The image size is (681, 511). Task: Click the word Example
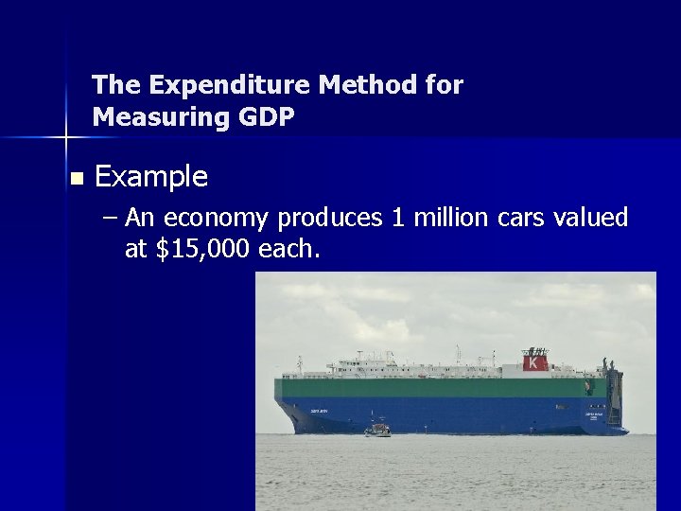point(151,176)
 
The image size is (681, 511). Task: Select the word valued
point(591,218)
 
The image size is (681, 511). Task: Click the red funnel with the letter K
point(535,361)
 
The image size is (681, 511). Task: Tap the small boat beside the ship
point(377,430)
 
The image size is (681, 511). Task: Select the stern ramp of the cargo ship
point(615,397)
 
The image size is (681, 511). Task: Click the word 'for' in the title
point(443,85)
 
